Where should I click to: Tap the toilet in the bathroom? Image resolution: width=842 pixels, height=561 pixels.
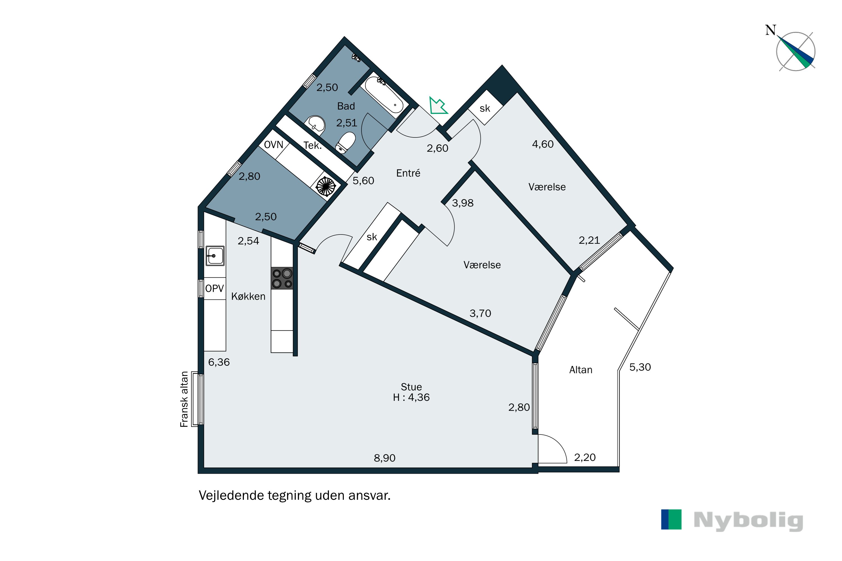tap(346, 143)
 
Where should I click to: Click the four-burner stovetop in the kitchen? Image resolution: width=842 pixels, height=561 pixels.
tap(282, 278)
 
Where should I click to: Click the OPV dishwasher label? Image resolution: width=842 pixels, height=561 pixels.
tap(214, 288)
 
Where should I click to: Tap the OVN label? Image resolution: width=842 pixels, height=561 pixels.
tap(273, 144)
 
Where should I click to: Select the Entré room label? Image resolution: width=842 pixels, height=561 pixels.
tap(408, 173)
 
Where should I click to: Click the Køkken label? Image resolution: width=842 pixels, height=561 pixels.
tap(248, 296)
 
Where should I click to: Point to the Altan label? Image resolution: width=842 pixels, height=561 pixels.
tap(581, 370)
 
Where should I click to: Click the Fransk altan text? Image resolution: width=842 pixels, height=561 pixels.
tap(184, 399)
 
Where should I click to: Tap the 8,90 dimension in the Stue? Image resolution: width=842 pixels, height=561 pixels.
tap(385, 458)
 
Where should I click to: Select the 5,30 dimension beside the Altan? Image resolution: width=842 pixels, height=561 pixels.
tap(640, 367)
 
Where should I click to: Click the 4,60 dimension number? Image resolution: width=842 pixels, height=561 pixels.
tap(543, 144)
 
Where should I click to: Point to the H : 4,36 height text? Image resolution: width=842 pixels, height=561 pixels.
tap(411, 397)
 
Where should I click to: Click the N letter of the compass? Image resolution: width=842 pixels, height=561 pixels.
tap(770, 30)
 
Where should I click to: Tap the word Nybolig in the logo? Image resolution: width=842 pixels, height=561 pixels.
tap(748, 521)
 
